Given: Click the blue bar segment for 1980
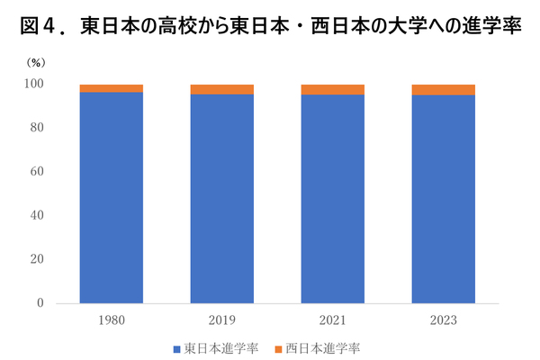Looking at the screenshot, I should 111,198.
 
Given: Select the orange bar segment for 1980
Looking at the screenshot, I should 111,88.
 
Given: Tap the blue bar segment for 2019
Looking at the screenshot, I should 221,199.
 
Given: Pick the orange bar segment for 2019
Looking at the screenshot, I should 221,89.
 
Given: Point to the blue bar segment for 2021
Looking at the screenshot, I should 332,199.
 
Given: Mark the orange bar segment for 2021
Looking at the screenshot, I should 332,89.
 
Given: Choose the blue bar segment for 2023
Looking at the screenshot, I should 443,199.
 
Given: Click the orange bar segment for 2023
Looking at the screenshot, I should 443,89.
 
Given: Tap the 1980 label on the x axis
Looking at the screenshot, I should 111,319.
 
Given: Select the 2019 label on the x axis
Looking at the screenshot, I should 221,319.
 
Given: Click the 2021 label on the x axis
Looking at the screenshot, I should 332,319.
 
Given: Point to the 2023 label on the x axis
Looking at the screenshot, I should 443,319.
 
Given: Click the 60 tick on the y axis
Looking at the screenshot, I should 37,172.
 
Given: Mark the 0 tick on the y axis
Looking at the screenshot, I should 40,303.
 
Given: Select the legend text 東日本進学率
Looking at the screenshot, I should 219,347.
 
